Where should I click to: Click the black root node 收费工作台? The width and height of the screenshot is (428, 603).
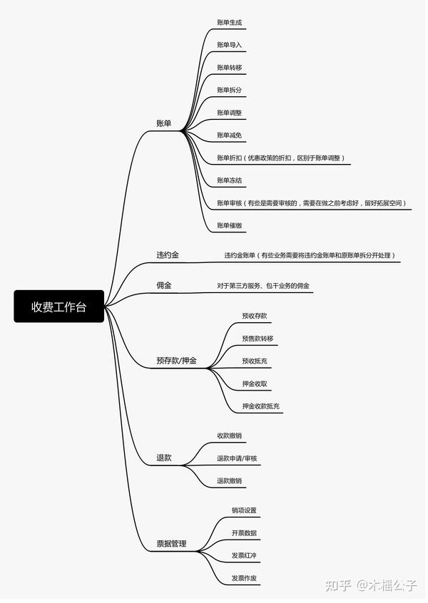[59, 306]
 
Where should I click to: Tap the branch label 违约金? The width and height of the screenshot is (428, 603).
[168, 255]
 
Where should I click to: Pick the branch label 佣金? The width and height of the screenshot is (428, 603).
[164, 285]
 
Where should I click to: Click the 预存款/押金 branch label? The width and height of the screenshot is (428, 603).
[176, 361]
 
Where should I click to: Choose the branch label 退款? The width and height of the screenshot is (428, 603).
[164, 458]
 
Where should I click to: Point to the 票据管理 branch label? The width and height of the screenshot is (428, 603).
[171, 544]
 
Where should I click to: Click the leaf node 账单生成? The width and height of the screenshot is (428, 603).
[230, 23]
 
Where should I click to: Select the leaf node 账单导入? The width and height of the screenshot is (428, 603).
[230, 45]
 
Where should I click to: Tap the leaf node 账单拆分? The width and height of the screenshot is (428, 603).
[230, 90]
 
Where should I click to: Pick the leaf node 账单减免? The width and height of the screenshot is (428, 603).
[230, 135]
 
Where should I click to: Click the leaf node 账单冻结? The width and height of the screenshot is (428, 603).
[230, 180]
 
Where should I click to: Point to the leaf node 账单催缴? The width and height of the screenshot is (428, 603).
[230, 226]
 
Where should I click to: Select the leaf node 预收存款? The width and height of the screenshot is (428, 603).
[255, 316]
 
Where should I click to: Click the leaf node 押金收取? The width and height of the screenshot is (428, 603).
[255, 383]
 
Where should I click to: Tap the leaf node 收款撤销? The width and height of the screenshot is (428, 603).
[230, 435]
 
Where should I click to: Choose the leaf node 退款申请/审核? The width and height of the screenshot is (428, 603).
[237, 458]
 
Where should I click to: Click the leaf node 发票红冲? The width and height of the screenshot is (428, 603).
[244, 555]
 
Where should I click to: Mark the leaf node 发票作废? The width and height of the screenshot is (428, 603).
[244, 578]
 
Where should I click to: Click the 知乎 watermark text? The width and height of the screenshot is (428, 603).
[338, 585]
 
